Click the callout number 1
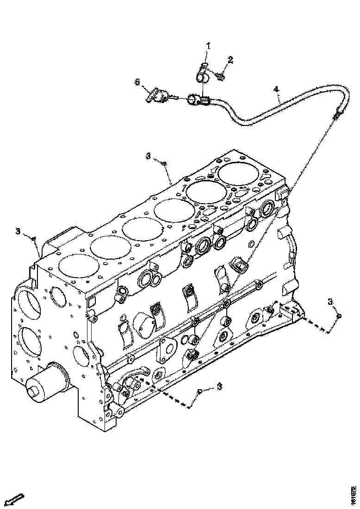tap(208, 45)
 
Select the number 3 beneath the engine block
tap(219, 386)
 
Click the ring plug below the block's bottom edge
tap(199, 391)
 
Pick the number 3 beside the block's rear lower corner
tap(330, 302)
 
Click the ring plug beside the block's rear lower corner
tap(338, 316)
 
